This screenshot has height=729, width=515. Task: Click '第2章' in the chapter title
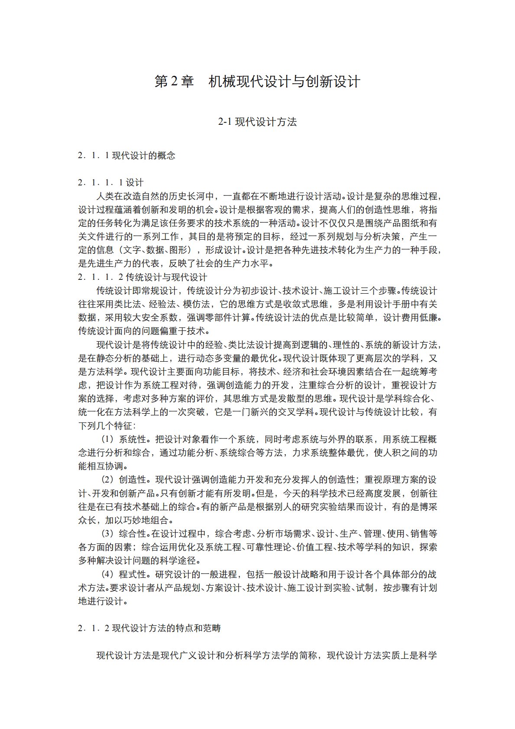174,81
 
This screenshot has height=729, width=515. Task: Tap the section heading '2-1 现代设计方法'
257,122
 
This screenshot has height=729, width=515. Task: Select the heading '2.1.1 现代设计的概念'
126,156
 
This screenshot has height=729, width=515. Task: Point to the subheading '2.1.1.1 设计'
110,182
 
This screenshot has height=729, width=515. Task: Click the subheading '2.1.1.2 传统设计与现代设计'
143,277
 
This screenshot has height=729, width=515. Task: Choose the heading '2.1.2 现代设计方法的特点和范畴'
149,628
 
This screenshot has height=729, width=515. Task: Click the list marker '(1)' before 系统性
107,439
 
